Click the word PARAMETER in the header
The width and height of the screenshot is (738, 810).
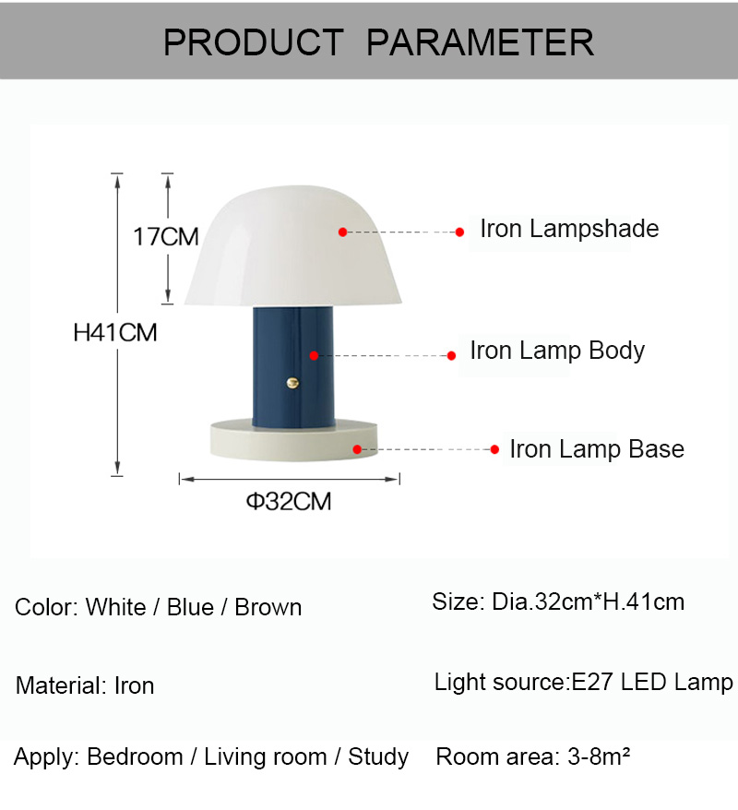pyautogui.click(x=481, y=42)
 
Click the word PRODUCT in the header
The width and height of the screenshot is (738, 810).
pyautogui.click(x=254, y=42)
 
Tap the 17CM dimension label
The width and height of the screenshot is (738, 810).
pyautogui.click(x=166, y=236)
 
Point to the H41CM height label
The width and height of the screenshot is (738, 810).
pyautogui.click(x=115, y=332)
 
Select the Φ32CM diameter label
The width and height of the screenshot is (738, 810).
pyautogui.click(x=289, y=501)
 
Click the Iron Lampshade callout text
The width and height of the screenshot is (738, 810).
pyautogui.click(x=569, y=229)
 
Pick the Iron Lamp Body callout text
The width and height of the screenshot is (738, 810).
pyautogui.click(x=557, y=351)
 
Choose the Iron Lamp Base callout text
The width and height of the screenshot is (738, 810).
pyautogui.click(x=597, y=449)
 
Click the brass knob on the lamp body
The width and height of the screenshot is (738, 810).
pyautogui.click(x=292, y=383)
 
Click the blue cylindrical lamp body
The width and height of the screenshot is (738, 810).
pyautogui.click(x=292, y=367)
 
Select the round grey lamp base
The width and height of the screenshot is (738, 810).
pyautogui.click(x=293, y=441)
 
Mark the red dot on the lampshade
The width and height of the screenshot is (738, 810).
pyautogui.click(x=342, y=232)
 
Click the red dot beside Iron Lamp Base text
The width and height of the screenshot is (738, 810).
pyautogui.click(x=494, y=449)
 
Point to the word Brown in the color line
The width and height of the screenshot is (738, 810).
pyautogui.click(x=268, y=607)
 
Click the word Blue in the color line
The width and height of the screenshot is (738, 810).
pyautogui.click(x=190, y=607)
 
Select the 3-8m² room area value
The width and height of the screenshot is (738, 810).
pyautogui.click(x=599, y=756)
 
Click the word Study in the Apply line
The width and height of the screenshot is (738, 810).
pyautogui.click(x=378, y=757)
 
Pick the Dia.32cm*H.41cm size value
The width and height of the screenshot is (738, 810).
pyautogui.click(x=589, y=602)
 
